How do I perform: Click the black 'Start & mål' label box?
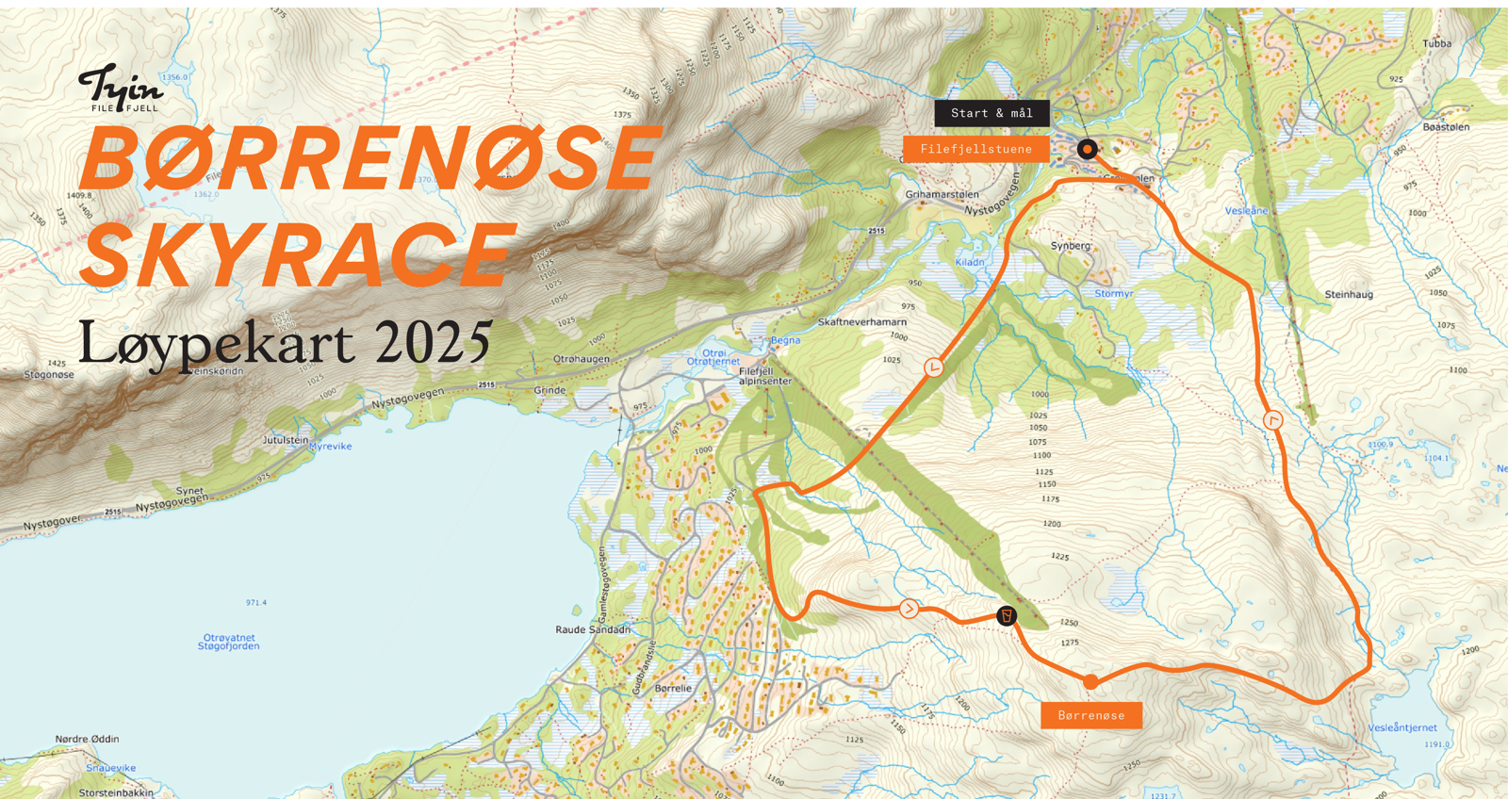click(x=992, y=113)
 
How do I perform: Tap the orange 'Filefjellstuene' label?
click(x=975, y=149)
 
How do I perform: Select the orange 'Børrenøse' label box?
click(x=1090, y=715)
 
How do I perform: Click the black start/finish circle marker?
click(x=1087, y=149)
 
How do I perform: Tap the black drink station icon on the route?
click(x=1007, y=616)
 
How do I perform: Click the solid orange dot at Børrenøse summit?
click(x=1090, y=681)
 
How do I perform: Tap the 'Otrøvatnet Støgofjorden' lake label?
click(x=229, y=642)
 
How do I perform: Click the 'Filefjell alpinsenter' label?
click(x=764, y=376)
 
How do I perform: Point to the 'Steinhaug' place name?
click(x=1349, y=295)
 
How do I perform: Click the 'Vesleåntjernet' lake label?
click(x=1402, y=727)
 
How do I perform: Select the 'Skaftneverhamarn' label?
click(x=861, y=322)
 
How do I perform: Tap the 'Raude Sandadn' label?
click(x=593, y=629)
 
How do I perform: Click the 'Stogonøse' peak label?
click(x=49, y=375)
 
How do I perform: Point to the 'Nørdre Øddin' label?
click(x=87, y=739)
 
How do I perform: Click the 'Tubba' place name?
click(x=1436, y=43)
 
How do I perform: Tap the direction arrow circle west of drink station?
click(x=909, y=609)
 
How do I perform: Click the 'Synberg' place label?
click(x=1071, y=246)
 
